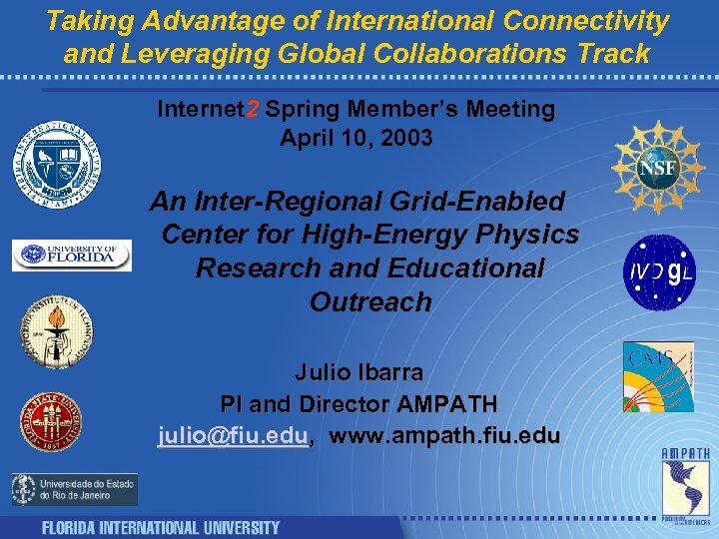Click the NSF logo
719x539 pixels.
(659, 167)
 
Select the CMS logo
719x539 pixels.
(658, 375)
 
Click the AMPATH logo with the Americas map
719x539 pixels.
(686, 484)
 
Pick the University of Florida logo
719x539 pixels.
(72, 256)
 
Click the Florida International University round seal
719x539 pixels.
(57, 163)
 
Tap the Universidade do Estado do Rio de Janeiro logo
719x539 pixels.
(75, 489)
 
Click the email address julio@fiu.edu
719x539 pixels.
(233, 436)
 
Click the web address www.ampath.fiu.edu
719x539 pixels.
(444, 436)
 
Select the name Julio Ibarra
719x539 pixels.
(359, 372)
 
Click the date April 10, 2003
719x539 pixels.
(357, 139)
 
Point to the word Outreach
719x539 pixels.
(370, 301)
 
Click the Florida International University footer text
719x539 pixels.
(160, 527)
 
